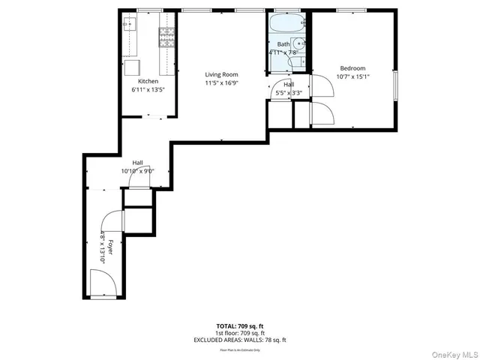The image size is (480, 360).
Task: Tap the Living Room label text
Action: [222, 74]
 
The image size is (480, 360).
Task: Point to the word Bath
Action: [283, 45]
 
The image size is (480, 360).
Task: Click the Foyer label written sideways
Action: [109, 248]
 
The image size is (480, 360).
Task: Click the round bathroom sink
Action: [298, 43]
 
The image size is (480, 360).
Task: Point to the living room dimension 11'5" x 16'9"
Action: [222, 82]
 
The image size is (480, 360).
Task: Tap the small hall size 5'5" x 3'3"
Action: [289, 93]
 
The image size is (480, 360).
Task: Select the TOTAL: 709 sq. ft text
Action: [240, 326]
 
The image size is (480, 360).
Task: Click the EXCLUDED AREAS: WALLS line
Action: [240, 340]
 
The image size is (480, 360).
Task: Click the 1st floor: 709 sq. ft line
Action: [240, 333]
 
